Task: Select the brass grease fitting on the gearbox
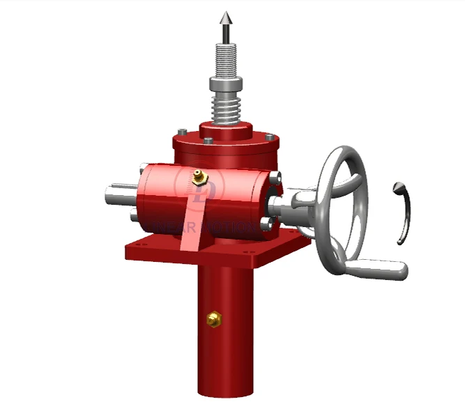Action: pyautogui.click(x=199, y=177)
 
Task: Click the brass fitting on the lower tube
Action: pyautogui.click(x=214, y=319)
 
